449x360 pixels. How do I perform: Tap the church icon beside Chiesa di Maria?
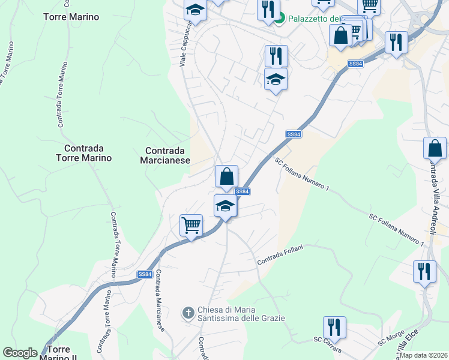[188, 312]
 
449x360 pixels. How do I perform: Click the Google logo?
[20, 353]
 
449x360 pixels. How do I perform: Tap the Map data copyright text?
[424, 355]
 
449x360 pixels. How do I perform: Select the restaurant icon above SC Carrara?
[334, 328]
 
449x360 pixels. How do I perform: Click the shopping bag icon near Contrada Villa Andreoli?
[435, 149]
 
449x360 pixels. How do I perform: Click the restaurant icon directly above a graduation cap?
[276, 56]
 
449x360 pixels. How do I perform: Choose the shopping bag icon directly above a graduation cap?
[226, 177]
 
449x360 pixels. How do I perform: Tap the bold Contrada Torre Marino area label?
[83, 153]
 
